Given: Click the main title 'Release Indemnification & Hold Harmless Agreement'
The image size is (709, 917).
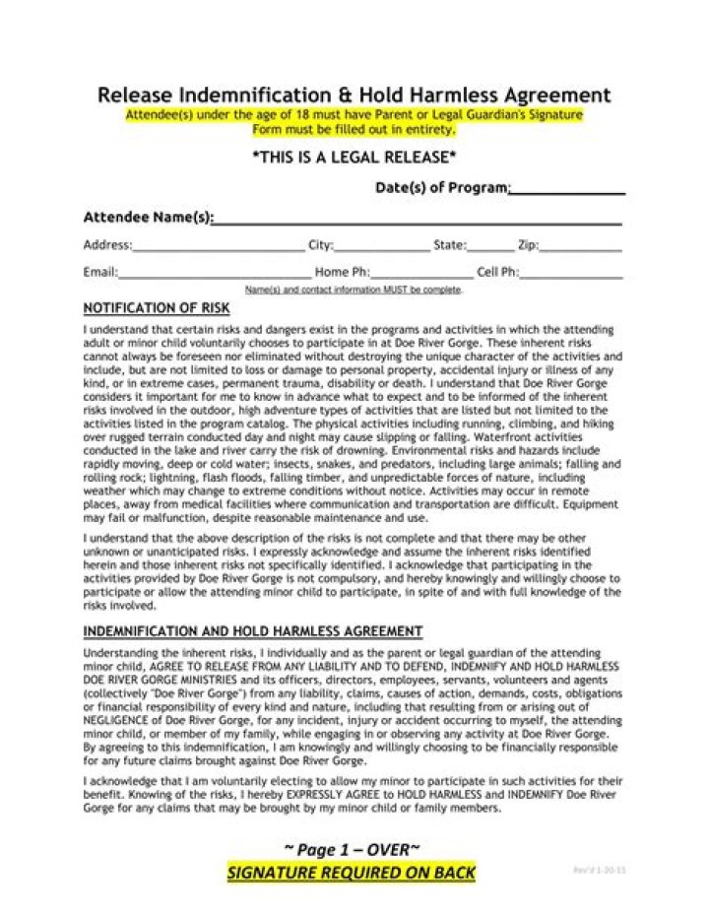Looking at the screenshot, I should tap(354, 96).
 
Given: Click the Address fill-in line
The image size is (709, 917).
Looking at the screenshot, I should tap(218, 248).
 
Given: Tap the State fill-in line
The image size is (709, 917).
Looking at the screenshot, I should tap(490, 248).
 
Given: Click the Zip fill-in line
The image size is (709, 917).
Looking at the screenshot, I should tap(581, 248).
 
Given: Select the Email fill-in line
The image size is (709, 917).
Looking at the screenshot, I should tap(214, 275).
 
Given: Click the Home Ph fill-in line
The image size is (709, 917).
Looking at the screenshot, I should tap(421, 275).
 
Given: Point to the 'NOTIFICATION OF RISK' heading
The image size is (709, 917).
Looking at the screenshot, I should tap(157, 308).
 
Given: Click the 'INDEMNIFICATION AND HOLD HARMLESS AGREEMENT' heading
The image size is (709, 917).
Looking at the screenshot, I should tap(253, 631).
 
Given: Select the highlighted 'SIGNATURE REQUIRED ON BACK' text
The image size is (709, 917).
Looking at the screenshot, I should tap(352, 873).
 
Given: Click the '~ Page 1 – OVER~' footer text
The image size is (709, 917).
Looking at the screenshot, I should tap(353, 850).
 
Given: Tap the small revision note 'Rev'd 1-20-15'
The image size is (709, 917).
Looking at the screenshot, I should tap(599, 871).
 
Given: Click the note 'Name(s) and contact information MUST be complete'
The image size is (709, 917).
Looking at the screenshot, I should tap(353, 291).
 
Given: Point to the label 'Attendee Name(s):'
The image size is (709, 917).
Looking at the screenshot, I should tap(148, 218).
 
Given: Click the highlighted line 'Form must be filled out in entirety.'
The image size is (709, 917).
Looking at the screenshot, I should tap(354, 129).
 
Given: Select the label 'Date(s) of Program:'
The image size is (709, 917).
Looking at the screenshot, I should tap(442, 187).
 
